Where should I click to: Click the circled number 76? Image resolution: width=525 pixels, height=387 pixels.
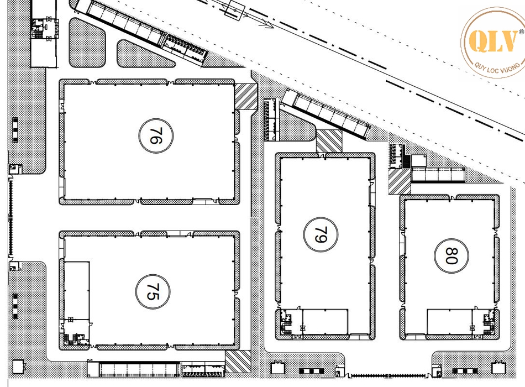tap(156, 135)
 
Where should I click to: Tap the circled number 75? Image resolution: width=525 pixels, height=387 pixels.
tap(153, 291)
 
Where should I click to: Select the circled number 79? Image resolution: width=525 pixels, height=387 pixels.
tap(321, 234)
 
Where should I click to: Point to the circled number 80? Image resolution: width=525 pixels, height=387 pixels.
tap(452, 255)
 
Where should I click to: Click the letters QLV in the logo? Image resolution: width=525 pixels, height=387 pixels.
tap(492, 41)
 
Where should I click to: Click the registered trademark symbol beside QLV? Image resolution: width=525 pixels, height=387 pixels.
tap(521, 32)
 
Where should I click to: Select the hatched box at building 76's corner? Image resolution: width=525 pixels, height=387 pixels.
tap(246, 97)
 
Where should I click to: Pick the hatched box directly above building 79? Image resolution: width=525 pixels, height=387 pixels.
tap(329, 141)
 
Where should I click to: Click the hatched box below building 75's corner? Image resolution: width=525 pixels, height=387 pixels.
tap(238, 362)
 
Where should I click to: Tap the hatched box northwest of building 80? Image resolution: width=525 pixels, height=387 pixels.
tap(400, 181)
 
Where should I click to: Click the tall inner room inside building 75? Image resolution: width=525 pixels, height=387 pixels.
tap(77, 290)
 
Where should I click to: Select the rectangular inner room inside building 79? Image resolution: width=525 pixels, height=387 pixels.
tap(325, 322)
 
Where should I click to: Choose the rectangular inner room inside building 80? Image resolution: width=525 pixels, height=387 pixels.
tap(450, 322)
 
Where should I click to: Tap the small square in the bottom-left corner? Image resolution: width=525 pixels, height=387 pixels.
tap(18, 367)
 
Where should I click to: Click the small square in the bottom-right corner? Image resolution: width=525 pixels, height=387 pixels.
tap(498, 368)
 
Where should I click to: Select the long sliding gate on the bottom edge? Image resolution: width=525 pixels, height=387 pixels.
tap(388, 375)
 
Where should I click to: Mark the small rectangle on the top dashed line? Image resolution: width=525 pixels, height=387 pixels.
tap(235, 10)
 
